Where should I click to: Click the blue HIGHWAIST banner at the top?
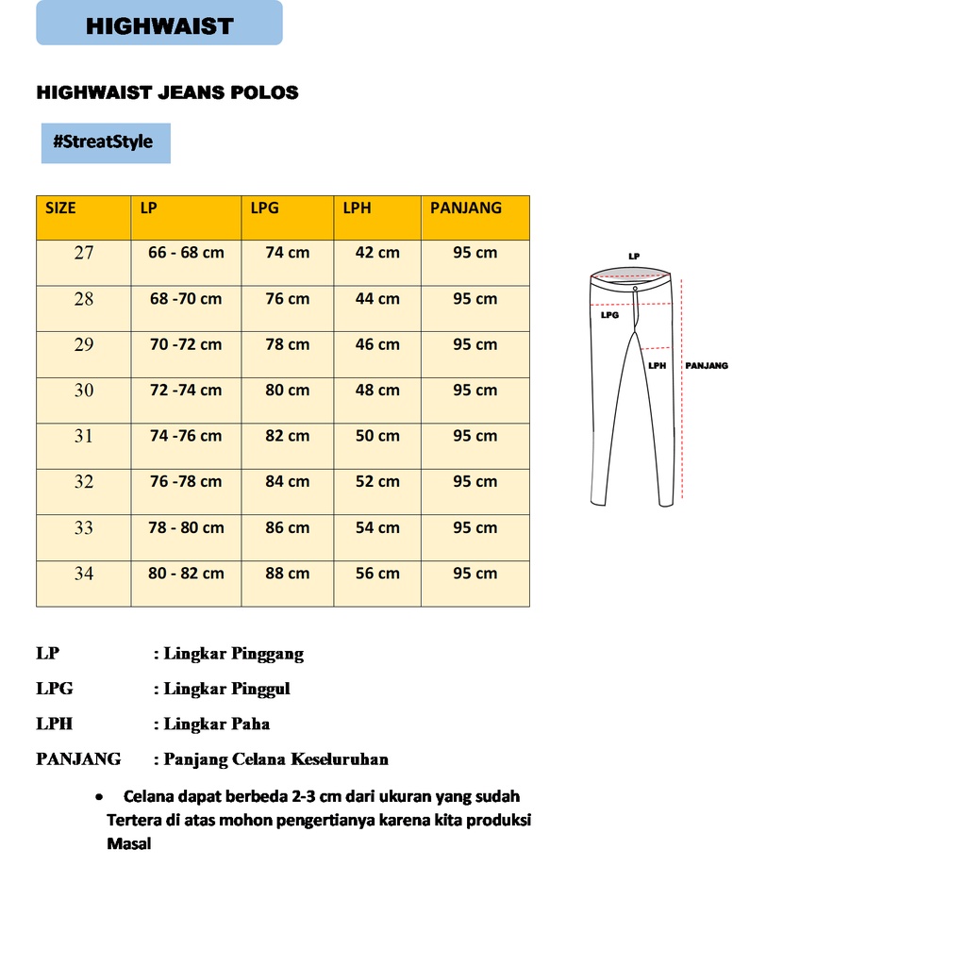tap(159, 24)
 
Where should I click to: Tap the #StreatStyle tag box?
tap(106, 142)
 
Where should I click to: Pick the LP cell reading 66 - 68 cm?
tap(186, 253)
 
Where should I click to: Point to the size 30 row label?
tap(84, 391)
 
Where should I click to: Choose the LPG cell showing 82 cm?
tap(287, 436)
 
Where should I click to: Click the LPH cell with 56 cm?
tap(377, 574)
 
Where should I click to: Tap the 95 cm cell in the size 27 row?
tap(475, 253)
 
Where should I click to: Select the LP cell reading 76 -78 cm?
tap(186, 482)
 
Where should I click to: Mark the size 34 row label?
tap(84, 574)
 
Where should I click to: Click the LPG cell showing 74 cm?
tap(287, 253)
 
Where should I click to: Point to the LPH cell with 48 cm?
tap(377, 391)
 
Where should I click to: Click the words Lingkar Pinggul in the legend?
tap(226, 689)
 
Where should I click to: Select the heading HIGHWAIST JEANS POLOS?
tap(167, 92)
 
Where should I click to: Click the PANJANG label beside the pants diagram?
tap(707, 366)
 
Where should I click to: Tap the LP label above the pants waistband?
tap(634, 257)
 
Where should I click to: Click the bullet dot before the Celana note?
tap(99, 797)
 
